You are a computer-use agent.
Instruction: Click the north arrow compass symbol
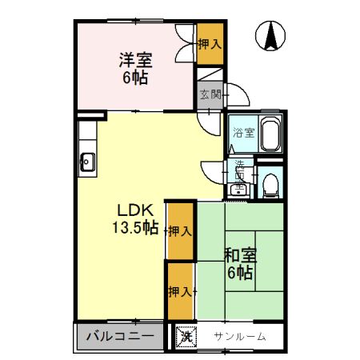(271, 37)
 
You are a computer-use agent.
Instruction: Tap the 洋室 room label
(136, 61)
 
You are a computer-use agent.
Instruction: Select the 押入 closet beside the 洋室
(210, 45)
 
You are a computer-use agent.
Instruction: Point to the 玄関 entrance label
(210, 94)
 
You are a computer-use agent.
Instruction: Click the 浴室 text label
(243, 134)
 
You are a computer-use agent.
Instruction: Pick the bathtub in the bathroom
(270, 134)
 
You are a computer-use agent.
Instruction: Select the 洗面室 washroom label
(239, 171)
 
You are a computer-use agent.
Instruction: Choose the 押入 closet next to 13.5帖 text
(179, 231)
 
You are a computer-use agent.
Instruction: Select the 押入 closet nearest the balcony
(179, 291)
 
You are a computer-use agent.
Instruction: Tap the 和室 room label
(239, 256)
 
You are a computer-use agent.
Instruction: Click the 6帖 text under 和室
(239, 274)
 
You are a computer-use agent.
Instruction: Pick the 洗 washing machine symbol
(186, 337)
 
